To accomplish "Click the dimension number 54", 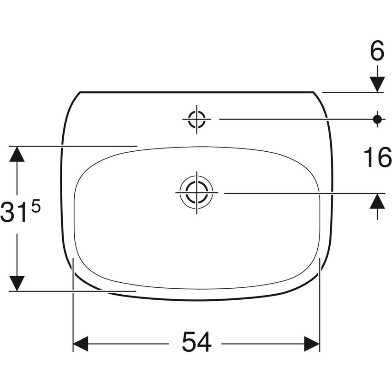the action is click(197, 341).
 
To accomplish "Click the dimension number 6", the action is click(377, 50).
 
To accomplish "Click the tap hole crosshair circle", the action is click(197, 119).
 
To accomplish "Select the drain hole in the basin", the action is click(197, 193).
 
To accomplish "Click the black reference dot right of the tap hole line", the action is click(377, 119).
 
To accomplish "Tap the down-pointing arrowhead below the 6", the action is click(377, 84).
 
